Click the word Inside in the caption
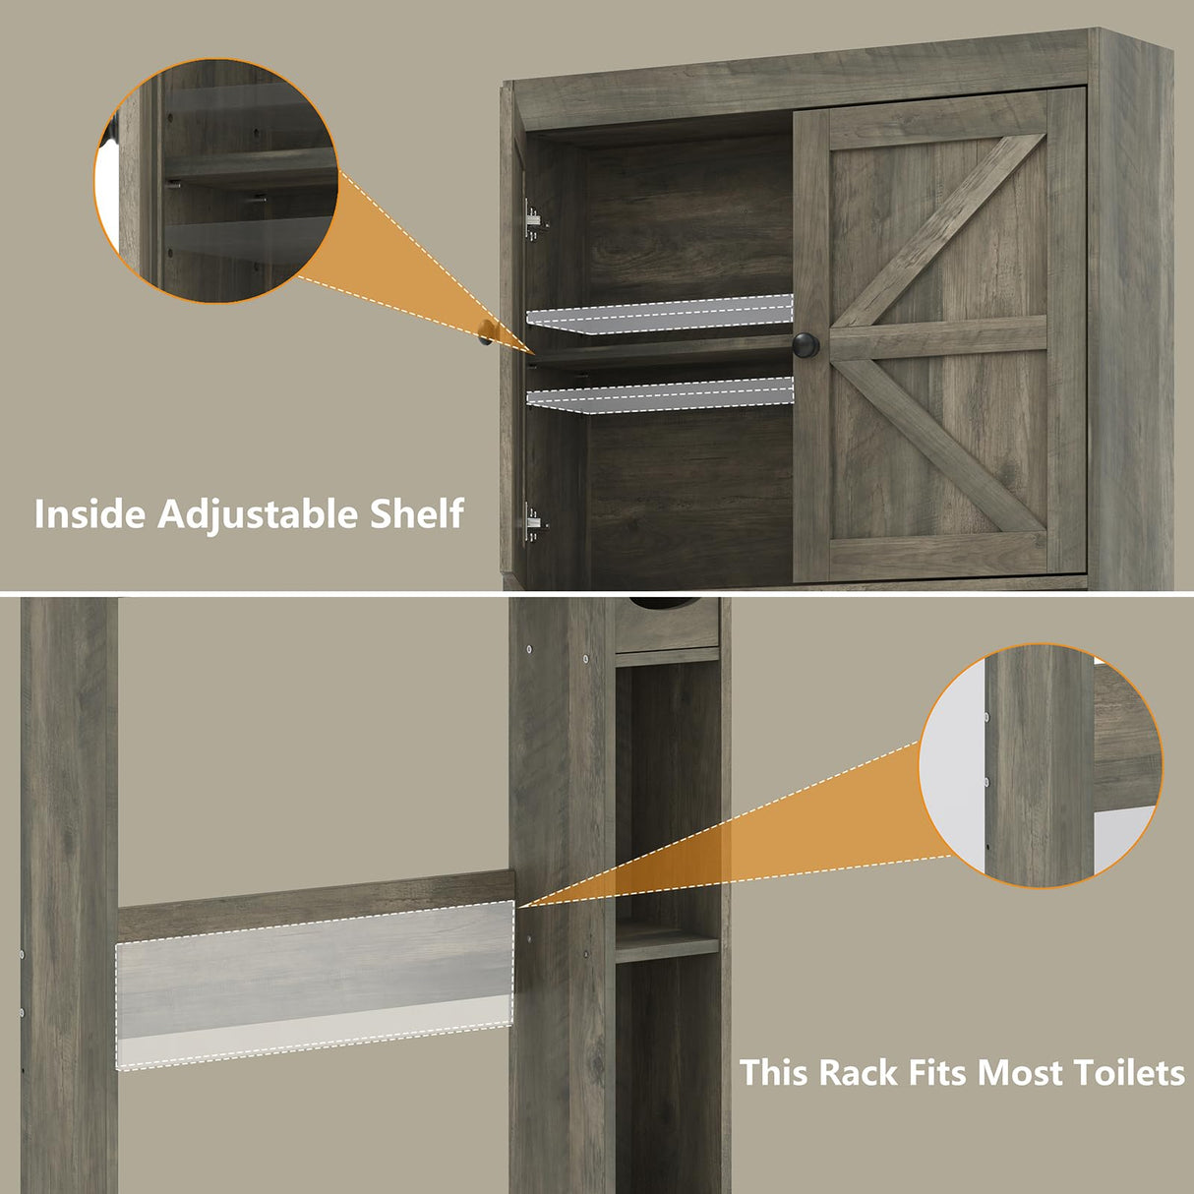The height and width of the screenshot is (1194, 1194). [x=90, y=514]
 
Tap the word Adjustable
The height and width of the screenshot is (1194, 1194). [x=258, y=514]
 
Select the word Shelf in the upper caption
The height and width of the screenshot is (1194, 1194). [x=416, y=514]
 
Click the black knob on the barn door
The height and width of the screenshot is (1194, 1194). [x=806, y=344]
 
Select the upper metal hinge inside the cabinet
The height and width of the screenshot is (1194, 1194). [x=533, y=220]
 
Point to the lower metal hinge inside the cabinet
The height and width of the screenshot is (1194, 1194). [x=533, y=522]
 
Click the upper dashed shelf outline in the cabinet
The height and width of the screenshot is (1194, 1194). [x=661, y=315]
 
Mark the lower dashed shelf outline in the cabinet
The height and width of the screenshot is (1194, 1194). [x=661, y=395]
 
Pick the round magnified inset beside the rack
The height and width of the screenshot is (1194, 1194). [x=1041, y=766]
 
